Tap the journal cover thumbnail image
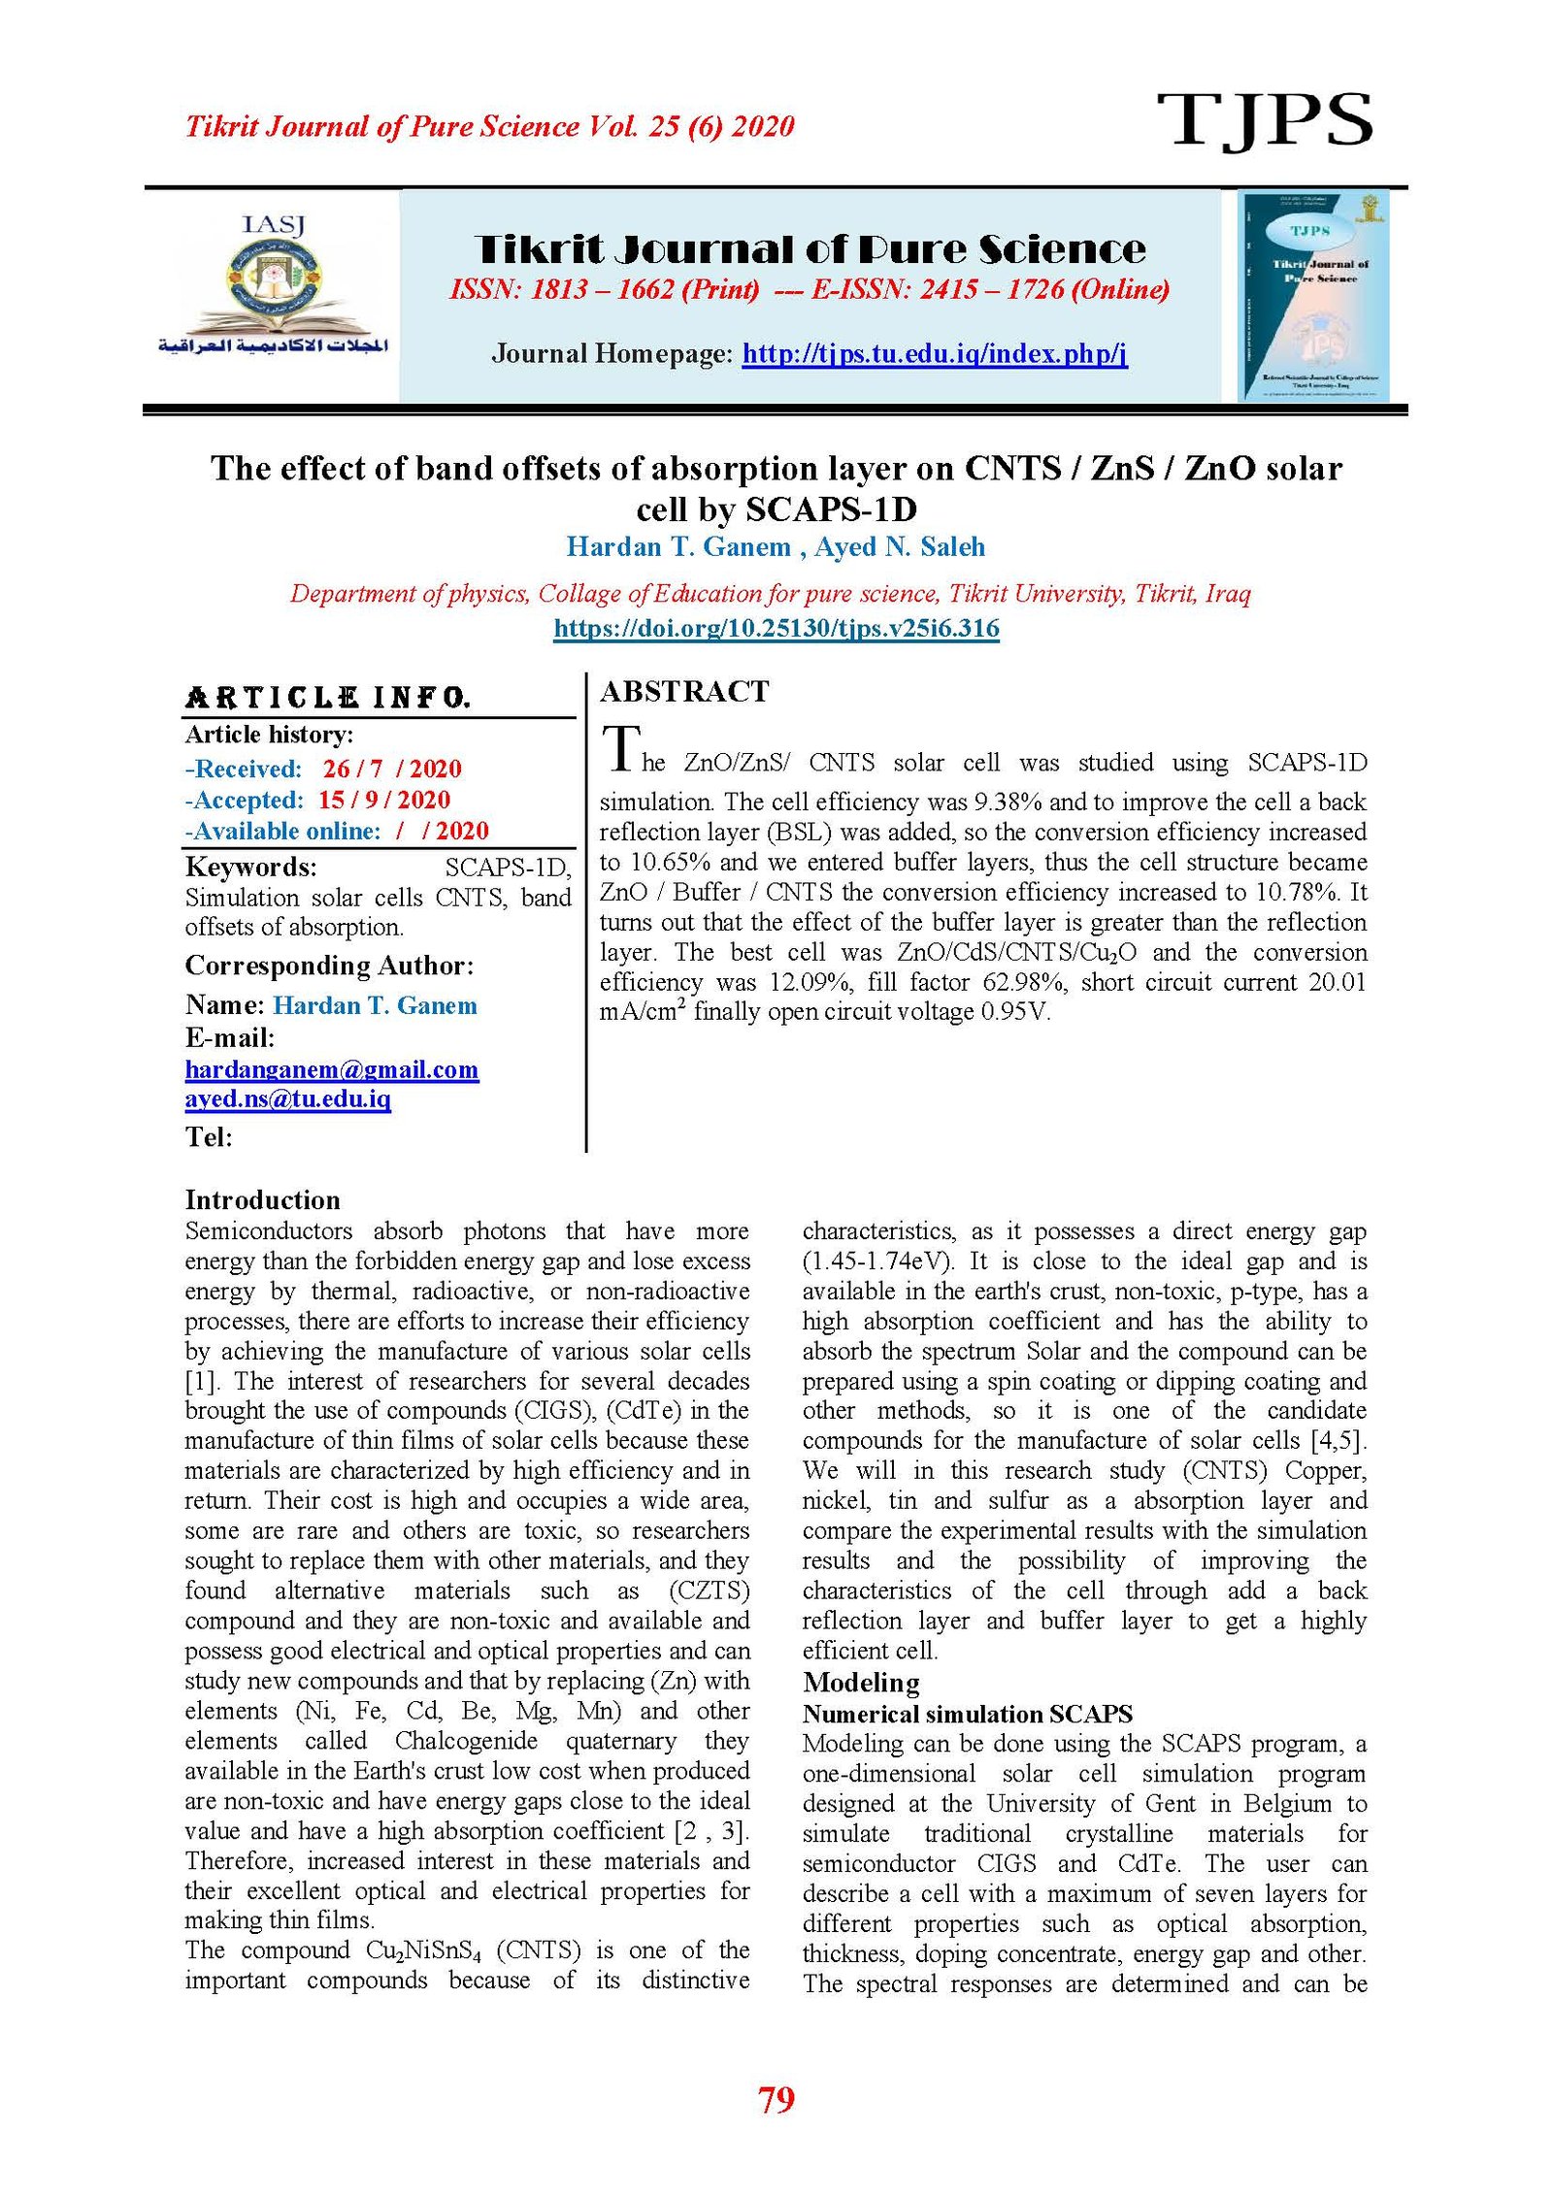tap(1314, 295)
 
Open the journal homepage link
tap(934, 353)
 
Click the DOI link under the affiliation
tap(776, 628)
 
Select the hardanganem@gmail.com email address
tap(332, 1069)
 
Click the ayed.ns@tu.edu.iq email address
tap(288, 1098)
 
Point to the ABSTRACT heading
tap(684, 692)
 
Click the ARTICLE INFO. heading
tap(327, 698)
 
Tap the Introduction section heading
tap(262, 1200)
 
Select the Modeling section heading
tap(860, 1682)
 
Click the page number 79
tap(776, 2098)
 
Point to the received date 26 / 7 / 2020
tap(392, 769)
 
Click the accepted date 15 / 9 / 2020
tap(384, 800)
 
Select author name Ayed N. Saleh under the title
tap(900, 547)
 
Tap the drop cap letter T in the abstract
tap(620, 750)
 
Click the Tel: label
tap(209, 1136)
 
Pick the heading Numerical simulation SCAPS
tap(967, 1714)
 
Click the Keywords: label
tap(250, 867)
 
